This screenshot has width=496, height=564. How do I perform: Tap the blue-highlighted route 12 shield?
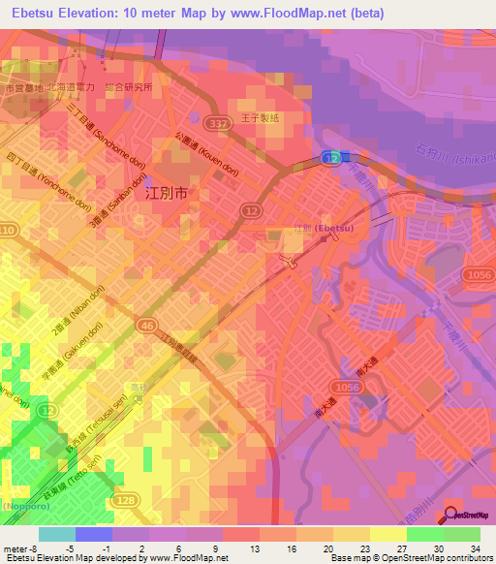[x=332, y=156]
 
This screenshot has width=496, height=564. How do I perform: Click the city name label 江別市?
[x=165, y=193]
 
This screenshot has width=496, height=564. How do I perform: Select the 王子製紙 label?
[x=262, y=117]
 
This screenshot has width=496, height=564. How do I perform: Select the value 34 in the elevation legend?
[x=475, y=548]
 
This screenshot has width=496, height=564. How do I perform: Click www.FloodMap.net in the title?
[x=299, y=14]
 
